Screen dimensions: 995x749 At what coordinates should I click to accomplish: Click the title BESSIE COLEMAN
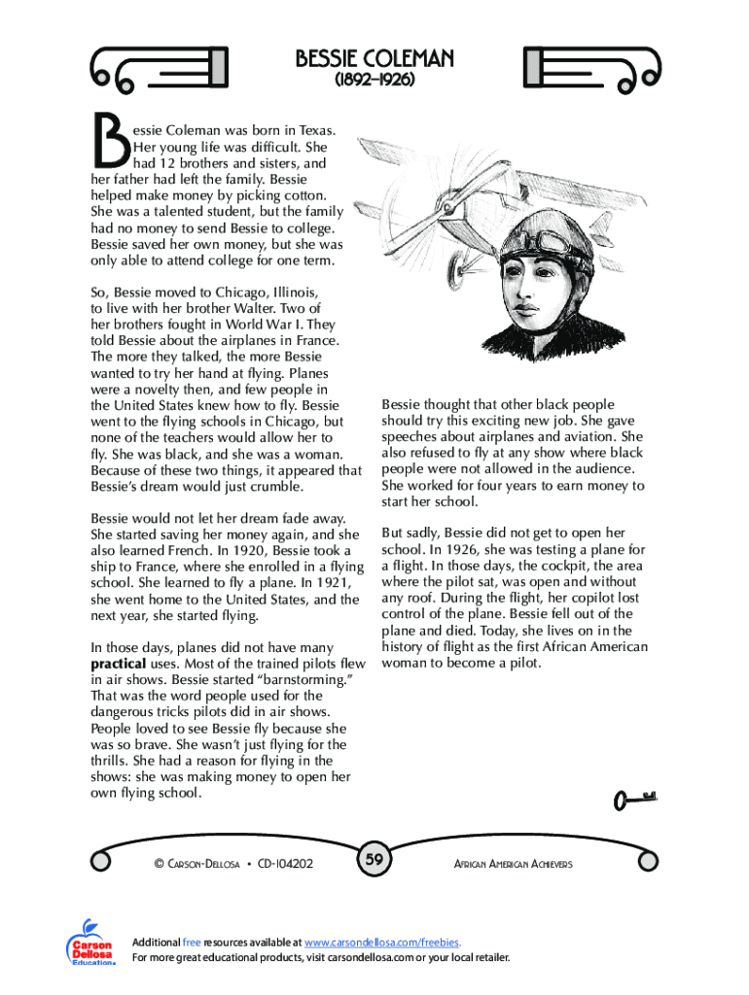[374, 60]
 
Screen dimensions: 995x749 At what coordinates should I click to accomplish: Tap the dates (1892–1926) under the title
[374, 82]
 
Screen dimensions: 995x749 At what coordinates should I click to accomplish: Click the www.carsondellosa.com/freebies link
[382, 943]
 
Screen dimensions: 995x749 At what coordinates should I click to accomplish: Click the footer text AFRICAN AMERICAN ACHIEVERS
[513, 864]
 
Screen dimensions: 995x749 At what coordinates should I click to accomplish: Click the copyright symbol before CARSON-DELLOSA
[158, 863]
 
